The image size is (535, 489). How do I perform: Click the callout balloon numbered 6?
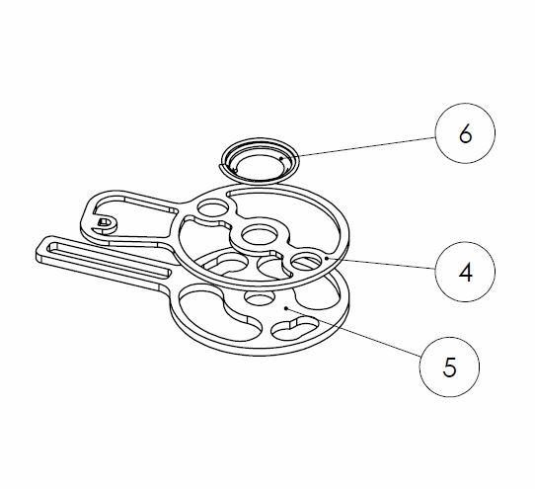(465, 133)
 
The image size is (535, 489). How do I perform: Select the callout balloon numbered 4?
(465, 272)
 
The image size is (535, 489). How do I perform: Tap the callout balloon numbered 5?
(449, 367)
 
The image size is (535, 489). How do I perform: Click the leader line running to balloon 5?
(354, 332)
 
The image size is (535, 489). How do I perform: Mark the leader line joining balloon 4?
(381, 264)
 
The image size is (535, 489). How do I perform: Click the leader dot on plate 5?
(286, 307)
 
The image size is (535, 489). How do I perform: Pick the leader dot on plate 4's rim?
(327, 258)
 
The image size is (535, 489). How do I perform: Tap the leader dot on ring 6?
(280, 158)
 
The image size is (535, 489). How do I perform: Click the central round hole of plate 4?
(259, 234)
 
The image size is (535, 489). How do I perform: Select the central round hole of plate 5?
(260, 297)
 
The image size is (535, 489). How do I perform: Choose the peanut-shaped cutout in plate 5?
(294, 328)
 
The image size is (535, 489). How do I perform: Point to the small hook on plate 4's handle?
(105, 225)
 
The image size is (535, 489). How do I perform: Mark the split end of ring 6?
(222, 167)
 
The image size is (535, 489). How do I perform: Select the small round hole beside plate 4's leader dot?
(306, 261)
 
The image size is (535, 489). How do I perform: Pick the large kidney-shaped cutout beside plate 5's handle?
(220, 313)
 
